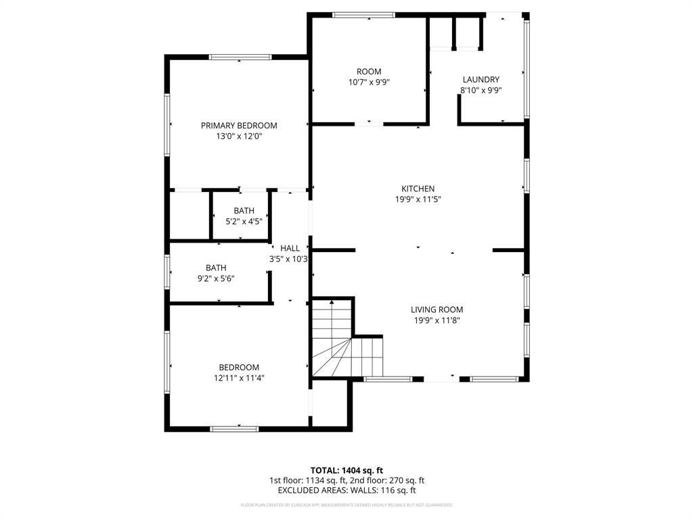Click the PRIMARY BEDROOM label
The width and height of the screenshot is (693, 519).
(x=239, y=125)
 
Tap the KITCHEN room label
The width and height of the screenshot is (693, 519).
(x=418, y=189)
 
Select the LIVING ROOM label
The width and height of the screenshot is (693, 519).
(x=437, y=310)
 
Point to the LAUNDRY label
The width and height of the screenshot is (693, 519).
(x=480, y=79)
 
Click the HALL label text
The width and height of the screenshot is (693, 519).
(x=290, y=248)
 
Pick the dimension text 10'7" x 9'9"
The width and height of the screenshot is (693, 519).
(x=369, y=82)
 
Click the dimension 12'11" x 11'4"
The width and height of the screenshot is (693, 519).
(x=239, y=378)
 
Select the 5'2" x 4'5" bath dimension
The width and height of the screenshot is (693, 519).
(x=244, y=221)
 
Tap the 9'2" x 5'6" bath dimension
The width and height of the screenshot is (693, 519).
(x=216, y=278)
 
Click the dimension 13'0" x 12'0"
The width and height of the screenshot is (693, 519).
(x=239, y=136)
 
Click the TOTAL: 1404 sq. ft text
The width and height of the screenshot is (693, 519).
(x=346, y=470)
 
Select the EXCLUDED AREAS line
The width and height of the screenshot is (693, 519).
(x=346, y=491)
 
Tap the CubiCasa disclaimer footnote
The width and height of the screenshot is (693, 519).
(x=346, y=505)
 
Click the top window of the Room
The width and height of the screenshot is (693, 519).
(x=363, y=15)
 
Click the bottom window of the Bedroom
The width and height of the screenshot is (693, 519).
(x=234, y=428)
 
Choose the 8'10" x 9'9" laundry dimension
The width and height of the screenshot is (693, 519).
(x=480, y=90)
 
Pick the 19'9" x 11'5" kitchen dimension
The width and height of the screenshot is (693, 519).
(x=418, y=199)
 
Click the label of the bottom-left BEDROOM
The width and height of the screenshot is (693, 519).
(x=239, y=368)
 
